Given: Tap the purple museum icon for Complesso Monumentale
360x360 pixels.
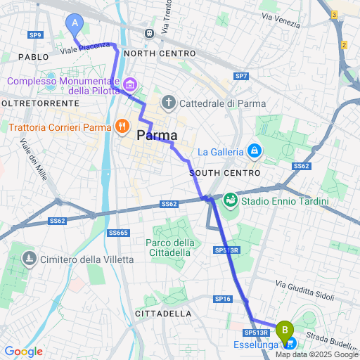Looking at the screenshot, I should click(x=129, y=85).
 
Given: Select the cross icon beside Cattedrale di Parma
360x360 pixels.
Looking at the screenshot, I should click(x=168, y=103).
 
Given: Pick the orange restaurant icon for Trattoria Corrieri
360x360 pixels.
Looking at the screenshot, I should click(x=122, y=127).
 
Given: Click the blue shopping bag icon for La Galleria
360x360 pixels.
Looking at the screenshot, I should click(x=254, y=150).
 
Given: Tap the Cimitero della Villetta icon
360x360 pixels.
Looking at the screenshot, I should click(x=29, y=259).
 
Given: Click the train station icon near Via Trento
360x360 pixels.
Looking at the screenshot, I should click(x=149, y=33).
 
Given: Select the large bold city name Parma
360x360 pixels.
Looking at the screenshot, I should click(x=157, y=136).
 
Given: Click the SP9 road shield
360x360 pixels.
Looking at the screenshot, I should click(x=36, y=34).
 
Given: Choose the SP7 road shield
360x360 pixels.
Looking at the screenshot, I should click(x=241, y=75).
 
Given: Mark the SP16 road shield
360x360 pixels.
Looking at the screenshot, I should click(x=223, y=299).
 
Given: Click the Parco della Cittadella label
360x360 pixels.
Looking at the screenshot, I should click(x=169, y=247).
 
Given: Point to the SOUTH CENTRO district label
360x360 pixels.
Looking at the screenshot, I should click(x=225, y=173).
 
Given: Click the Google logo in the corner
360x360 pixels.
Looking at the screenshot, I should click(x=23, y=352).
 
